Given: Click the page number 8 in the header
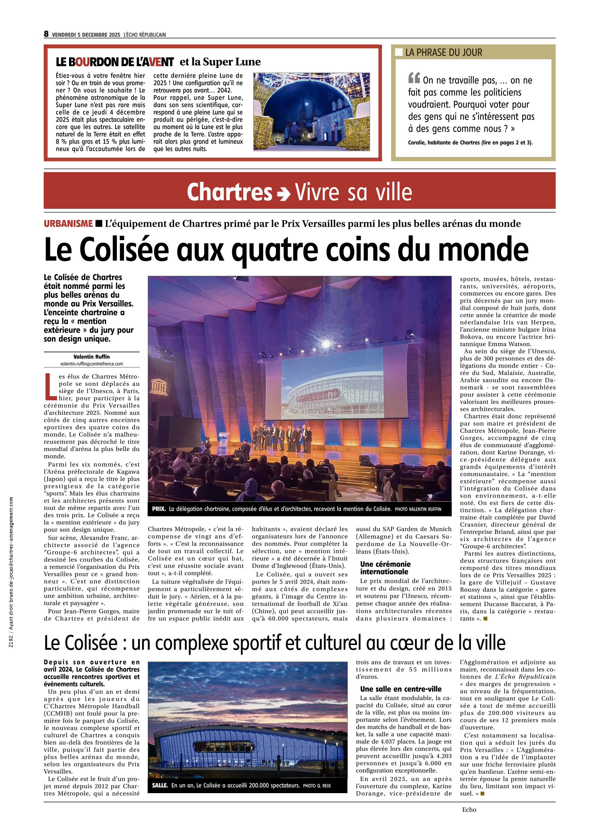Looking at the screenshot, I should (46, 34).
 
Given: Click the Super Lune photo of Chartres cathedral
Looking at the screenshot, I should (311, 112).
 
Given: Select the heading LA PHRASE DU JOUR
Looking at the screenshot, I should (443, 53).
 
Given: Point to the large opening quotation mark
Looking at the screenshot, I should (414, 78).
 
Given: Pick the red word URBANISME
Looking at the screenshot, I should (68, 224).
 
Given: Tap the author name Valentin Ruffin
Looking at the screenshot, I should (91, 357).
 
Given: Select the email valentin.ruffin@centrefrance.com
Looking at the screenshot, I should (91, 364).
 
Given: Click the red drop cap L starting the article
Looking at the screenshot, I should (50, 387).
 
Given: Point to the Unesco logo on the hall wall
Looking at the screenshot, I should (159, 387).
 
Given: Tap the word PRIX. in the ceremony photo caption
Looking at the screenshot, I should (159, 509).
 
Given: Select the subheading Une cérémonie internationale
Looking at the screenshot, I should (385, 568).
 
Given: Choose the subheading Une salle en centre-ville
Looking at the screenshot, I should (401, 689).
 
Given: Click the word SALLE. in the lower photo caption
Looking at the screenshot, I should (160, 786).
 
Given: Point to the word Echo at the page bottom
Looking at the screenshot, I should (469, 809).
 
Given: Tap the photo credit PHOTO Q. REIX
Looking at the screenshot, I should (317, 786).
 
